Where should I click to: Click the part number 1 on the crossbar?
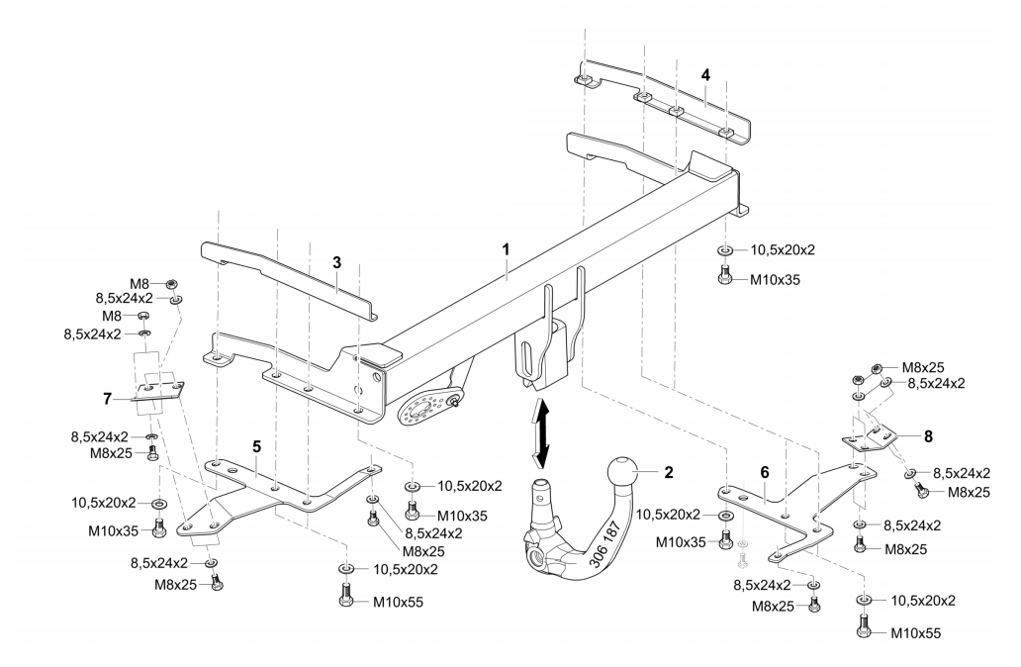506,251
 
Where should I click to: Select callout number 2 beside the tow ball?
668,472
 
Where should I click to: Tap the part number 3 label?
336,262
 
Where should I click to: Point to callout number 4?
705,74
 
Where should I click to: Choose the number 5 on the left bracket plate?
256,447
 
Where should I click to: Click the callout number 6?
765,474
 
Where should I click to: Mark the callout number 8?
928,433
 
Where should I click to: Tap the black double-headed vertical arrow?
539,431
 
